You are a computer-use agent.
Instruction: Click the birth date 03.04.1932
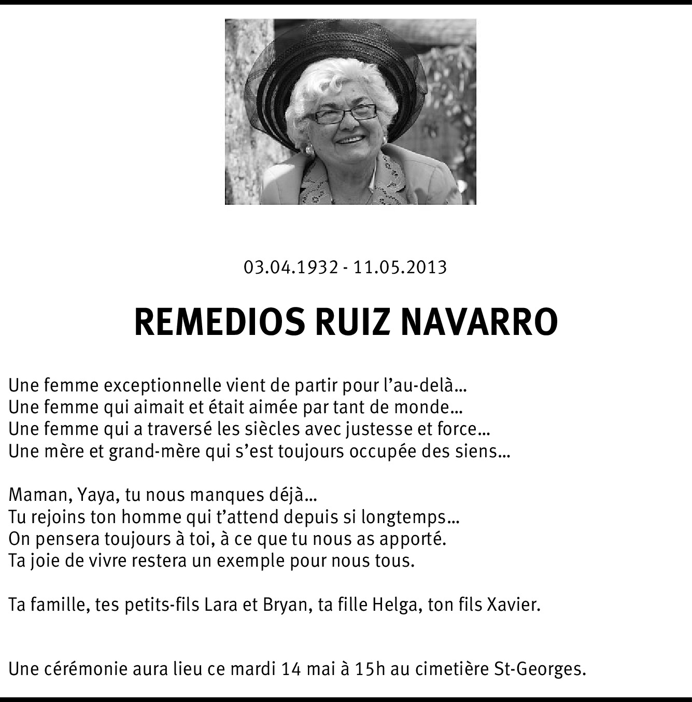(x=291, y=268)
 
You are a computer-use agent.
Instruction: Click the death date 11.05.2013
(x=400, y=268)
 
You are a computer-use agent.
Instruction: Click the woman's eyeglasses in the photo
(x=346, y=114)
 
